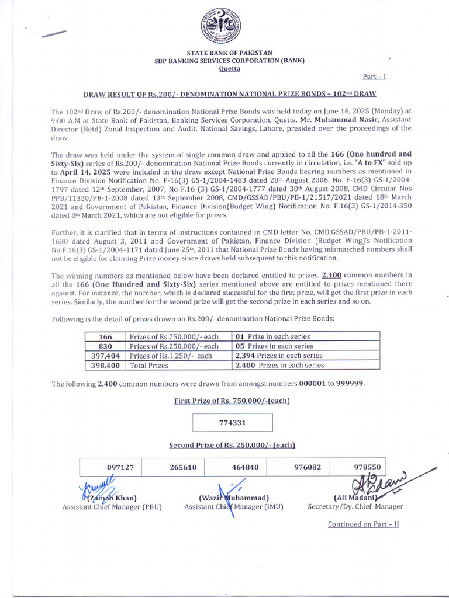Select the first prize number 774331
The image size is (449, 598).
(232, 423)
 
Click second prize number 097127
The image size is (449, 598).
(120, 467)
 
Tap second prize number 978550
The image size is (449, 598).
(368, 467)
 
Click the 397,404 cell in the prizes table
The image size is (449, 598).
(105, 356)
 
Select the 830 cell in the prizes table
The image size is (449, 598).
(105, 346)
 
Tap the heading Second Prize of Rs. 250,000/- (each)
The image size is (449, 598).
(232, 445)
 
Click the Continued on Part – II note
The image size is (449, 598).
(363, 524)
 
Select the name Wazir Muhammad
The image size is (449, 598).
(234, 498)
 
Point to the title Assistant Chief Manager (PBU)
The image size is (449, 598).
(112, 507)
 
